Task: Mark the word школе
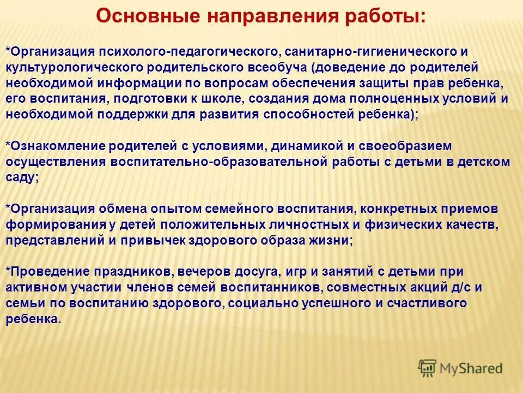(x=223, y=99)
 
